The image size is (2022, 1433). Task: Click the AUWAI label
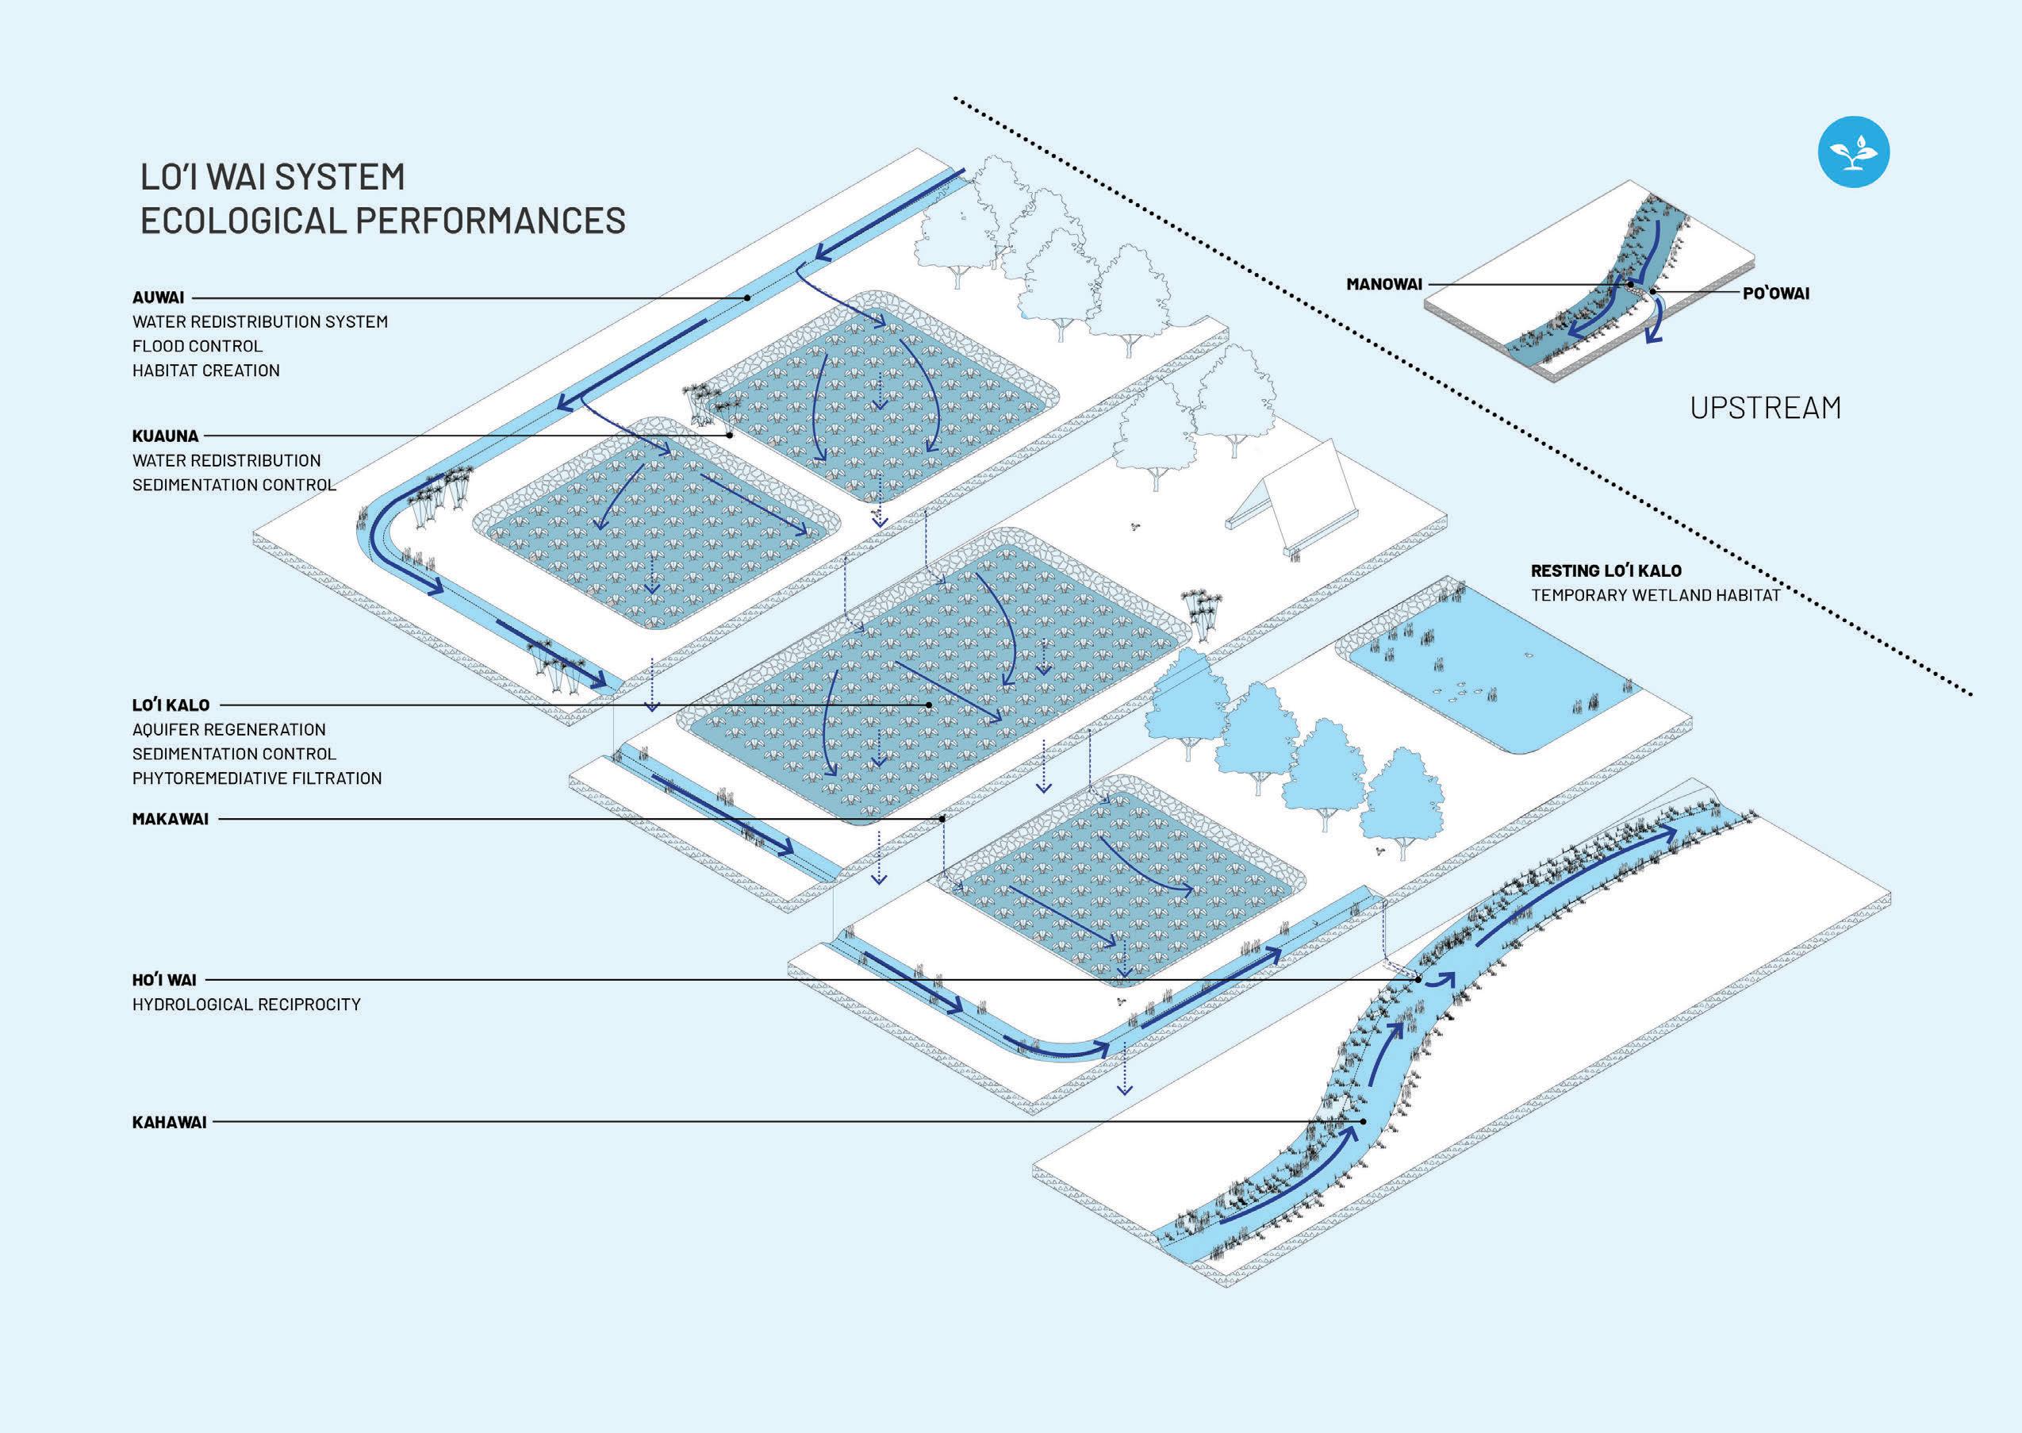[x=158, y=298]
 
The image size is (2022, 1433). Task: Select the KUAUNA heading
[x=165, y=436]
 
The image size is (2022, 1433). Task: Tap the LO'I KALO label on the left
[x=171, y=705]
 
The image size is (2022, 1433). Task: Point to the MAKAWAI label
[x=171, y=819]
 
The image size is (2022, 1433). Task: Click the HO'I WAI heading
[x=164, y=979]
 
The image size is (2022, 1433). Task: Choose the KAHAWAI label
[x=170, y=1123]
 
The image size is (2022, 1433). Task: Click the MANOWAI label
[x=1384, y=284]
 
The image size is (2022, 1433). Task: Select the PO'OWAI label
[x=1776, y=293]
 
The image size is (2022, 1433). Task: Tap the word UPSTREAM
[x=1765, y=408]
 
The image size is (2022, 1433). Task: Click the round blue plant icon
[x=1854, y=152]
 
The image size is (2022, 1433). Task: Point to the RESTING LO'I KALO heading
[x=1606, y=571]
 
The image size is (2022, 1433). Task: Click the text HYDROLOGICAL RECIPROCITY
[x=246, y=1005]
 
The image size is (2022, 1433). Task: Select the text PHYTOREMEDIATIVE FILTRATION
[x=257, y=778]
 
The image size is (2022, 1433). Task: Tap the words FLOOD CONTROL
[x=198, y=346]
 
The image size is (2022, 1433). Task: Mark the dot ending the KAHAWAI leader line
[x=1363, y=1121]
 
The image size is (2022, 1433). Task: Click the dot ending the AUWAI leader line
[x=747, y=298]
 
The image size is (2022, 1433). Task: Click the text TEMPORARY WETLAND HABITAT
[x=1655, y=596]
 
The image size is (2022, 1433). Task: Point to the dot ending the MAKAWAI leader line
[x=943, y=819]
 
